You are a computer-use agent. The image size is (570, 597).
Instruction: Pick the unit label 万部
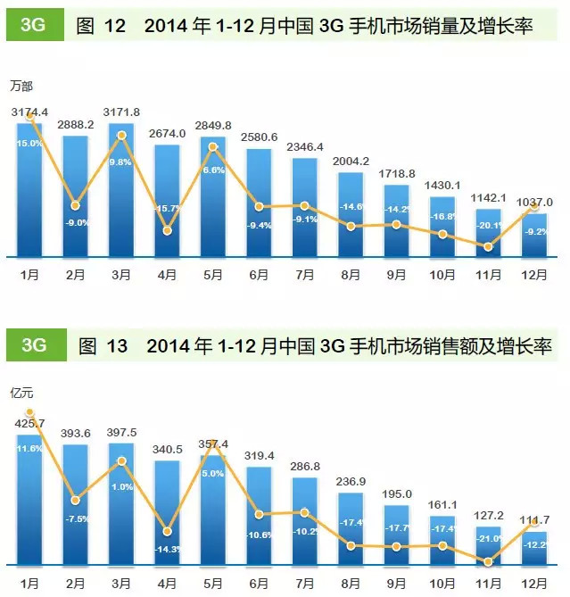pos(21,86)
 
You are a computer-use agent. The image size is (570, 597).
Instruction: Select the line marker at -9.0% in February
pos(77,206)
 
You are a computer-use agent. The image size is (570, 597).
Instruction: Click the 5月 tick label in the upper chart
pos(213,273)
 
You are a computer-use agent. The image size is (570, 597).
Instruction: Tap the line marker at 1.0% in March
pos(122,461)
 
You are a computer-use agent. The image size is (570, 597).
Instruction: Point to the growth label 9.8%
pos(122,162)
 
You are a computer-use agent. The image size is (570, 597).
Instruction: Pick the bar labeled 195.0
pos(396,535)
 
